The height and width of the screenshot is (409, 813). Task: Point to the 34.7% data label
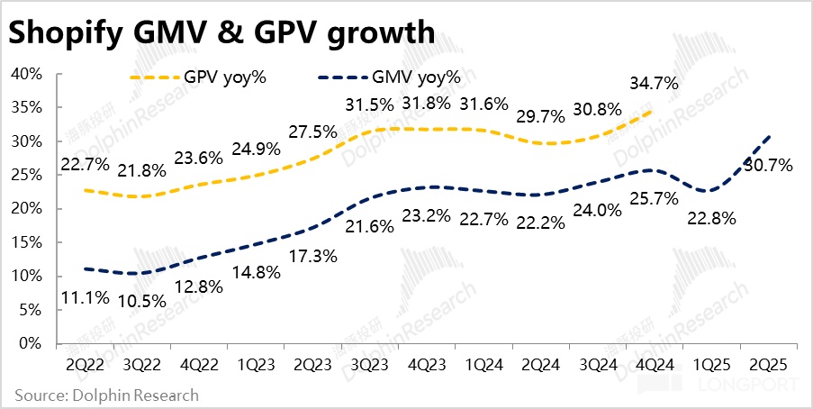(x=655, y=84)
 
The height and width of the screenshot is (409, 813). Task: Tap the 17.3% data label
(x=313, y=256)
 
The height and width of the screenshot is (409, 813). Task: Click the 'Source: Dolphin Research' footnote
(x=105, y=395)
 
